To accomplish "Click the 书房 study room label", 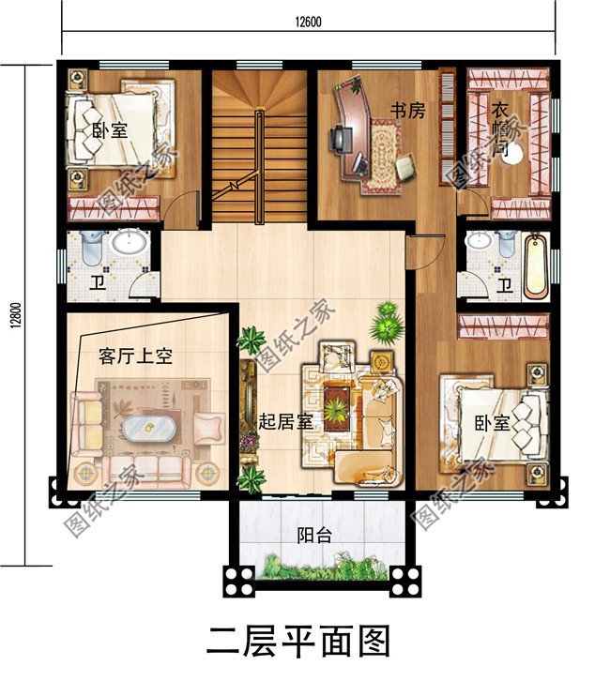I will [x=408, y=111].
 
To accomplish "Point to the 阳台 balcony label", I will [x=314, y=536].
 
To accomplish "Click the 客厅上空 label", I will [x=135, y=356].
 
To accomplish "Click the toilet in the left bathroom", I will [x=90, y=248].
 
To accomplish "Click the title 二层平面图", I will [x=297, y=642].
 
